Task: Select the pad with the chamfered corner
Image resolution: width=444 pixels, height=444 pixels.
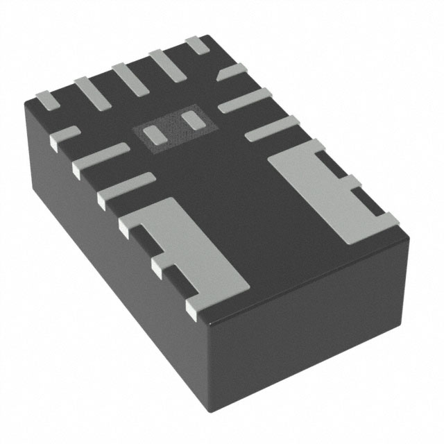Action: (232, 74)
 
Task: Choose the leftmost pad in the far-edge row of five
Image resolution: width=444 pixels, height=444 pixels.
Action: (46, 99)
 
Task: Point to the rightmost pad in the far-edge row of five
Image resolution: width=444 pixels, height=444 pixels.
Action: (197, 46)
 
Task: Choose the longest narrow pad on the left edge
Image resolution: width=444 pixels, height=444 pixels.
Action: (101, 156)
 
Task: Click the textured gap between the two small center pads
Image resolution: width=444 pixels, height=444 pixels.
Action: (171, 127)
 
